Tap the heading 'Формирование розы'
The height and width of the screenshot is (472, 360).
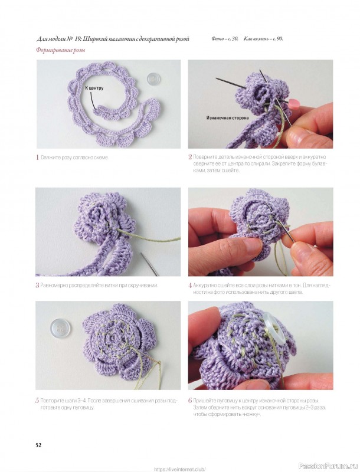pos(61,50)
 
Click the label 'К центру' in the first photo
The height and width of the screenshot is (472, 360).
pos(94,88)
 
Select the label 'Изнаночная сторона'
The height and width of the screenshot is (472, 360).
pos(228,118)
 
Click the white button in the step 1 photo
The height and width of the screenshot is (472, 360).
pos(153,79)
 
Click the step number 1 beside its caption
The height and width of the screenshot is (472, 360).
pos(38,158)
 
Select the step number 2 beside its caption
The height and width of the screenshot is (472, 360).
pos(190,157)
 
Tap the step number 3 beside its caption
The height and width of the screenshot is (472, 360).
pos(38,285)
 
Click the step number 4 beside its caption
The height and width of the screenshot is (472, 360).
pos(190,286)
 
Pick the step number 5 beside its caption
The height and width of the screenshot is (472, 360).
pos(38,401)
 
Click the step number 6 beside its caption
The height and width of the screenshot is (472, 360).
pos(190,401)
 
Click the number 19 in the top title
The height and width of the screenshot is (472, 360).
pos(77,39)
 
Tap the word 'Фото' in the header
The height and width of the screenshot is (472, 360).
pos(217,39)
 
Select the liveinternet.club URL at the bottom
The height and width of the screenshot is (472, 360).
pos(180,469)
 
